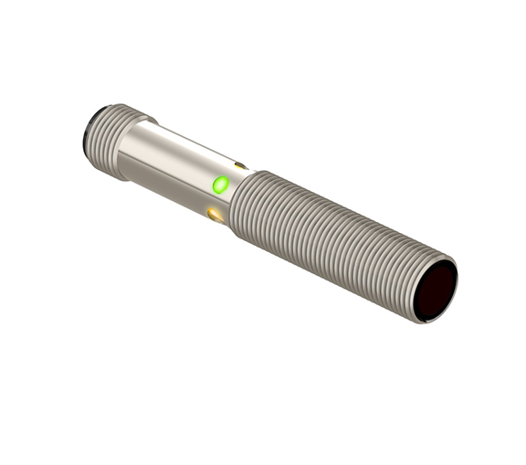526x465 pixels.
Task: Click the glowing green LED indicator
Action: pyautogui.click(x=219, y=185)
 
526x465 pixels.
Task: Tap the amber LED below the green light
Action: pyautogui.click(x=216, y=216)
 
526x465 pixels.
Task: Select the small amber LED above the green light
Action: pyautogui.click(x=240, y=166)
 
